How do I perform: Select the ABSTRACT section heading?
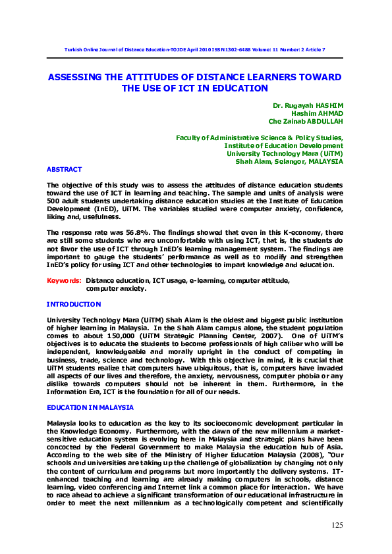64,169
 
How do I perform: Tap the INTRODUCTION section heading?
73,304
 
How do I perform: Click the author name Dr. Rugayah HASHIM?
308,105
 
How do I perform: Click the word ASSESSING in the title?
78,77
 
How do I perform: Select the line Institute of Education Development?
283,145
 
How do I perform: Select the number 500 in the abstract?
53,201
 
